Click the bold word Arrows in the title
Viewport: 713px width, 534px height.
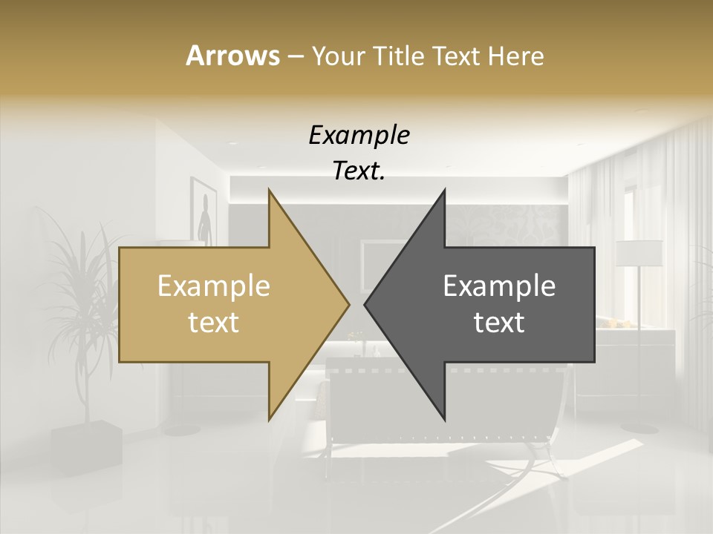coord(232,56)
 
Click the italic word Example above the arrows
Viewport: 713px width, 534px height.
coord(359,135)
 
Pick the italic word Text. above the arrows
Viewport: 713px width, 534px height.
coord(359,171)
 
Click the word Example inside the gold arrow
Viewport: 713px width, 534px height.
coord(213,286)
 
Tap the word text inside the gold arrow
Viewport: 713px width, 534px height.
coord(213,323)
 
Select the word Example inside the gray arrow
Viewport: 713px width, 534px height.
coord(499,286)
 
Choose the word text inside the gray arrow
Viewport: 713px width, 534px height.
coord(499,323)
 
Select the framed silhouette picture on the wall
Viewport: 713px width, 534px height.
coord(203,210)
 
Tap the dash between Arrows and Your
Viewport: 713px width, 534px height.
coord(295,56)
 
